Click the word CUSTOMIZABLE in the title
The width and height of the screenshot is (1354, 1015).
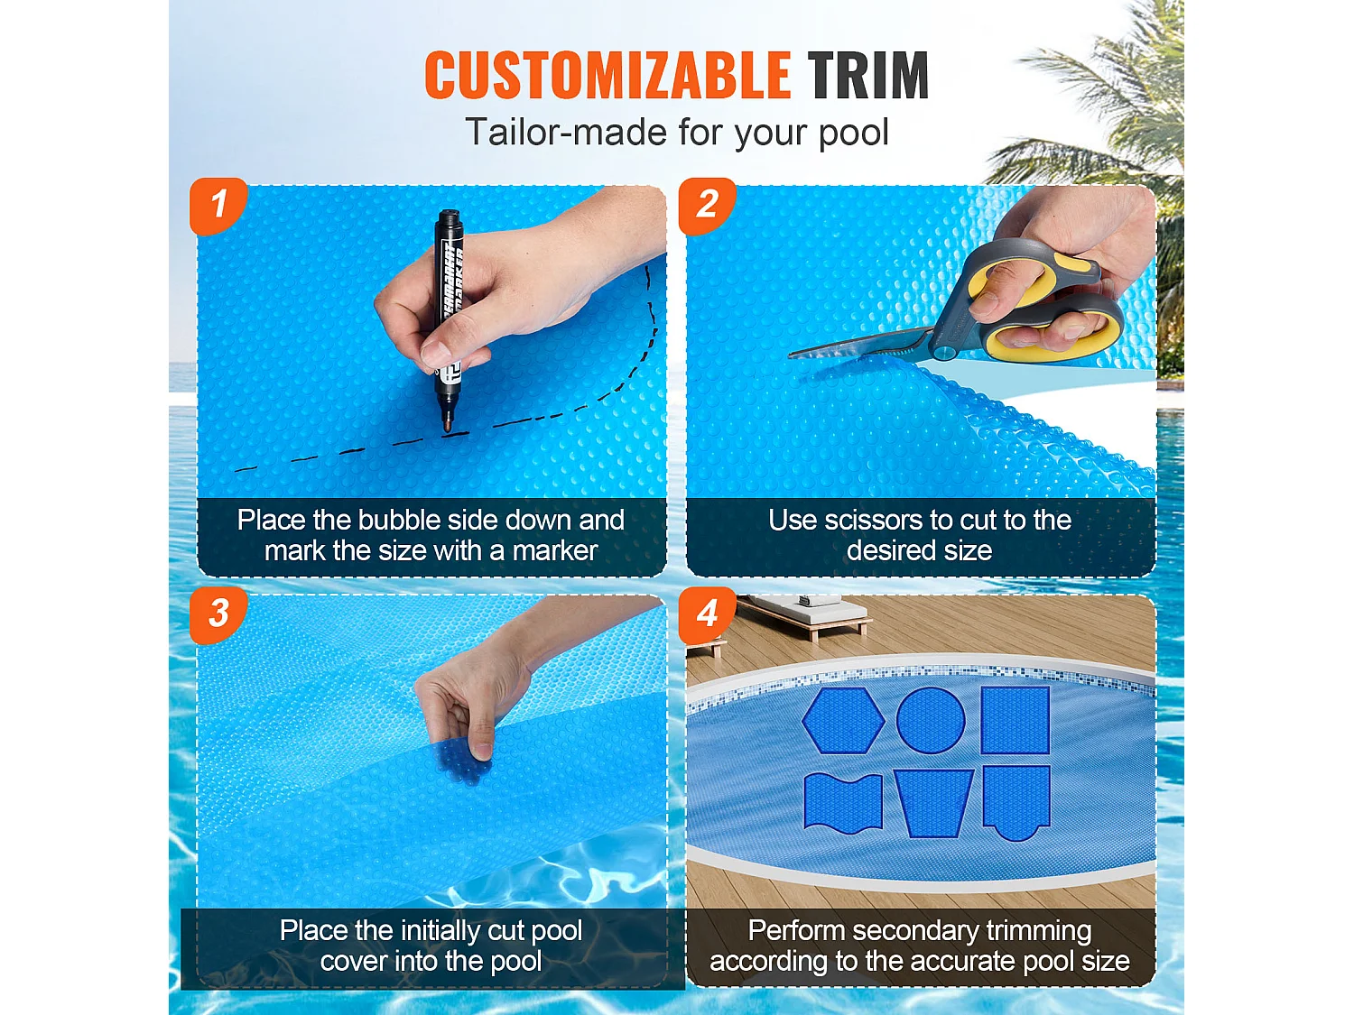607,75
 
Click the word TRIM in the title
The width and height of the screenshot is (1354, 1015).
867,75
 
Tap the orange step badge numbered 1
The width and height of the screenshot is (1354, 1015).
218,206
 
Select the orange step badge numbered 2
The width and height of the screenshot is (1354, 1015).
708,206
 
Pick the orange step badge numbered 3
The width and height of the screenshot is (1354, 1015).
218,614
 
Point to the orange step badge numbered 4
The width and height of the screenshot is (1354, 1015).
708,614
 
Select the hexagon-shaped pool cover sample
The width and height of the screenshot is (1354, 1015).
843,720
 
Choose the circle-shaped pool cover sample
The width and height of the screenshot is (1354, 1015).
930,720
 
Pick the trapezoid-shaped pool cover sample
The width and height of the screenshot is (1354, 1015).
933,802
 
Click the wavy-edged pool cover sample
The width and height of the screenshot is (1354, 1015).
843,802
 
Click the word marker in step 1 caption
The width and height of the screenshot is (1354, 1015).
555,551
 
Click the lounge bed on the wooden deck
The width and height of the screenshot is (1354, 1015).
803,614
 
